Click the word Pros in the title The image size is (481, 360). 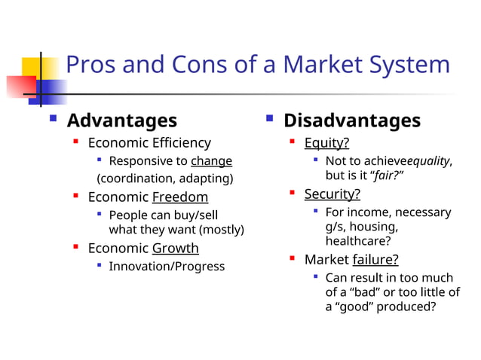click(90, 65)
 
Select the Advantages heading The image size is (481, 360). click(122, 121)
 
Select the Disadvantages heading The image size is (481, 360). click(352, 121)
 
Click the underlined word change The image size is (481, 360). click(211, 161)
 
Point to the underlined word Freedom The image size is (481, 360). click(180, 197)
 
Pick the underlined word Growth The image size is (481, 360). click(176, 249)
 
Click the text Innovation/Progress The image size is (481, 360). click(167, 267)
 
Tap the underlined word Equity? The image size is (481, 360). click(326, 143)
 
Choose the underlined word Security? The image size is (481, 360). click(332, 194)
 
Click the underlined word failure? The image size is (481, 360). click(375, 260)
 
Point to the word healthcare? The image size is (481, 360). click(358, 241)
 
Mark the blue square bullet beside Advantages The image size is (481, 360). click(53, 119)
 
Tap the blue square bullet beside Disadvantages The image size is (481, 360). click(269, 119)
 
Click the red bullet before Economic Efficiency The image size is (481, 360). click(76, 142)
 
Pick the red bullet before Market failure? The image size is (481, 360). click(293, 259)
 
